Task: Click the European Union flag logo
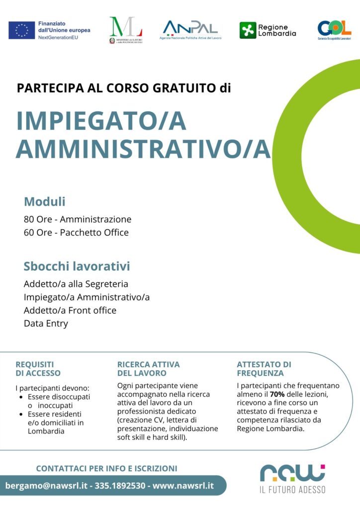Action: [x=21, y=30]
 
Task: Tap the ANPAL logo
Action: [x=190, y=29]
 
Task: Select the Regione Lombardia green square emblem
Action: [x=248, y=30]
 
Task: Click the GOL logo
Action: [x=334, y=29]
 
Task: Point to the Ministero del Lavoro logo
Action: [x=126, y=30]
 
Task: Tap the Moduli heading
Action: [x=45, y=202]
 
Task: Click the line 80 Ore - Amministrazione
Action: [x=78, y=219]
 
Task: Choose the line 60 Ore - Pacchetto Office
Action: [x=76, y=232]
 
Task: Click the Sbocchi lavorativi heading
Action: [x=77, y=266]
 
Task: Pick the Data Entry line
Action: [x=46, y=323]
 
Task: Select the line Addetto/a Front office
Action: [x=70, y=310]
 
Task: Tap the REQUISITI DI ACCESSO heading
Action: [x=38, y=369]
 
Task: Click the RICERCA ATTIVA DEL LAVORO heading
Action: [x=148, y=369]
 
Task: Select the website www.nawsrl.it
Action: [x=183, y=485]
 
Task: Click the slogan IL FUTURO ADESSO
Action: [x=292, y=490]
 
